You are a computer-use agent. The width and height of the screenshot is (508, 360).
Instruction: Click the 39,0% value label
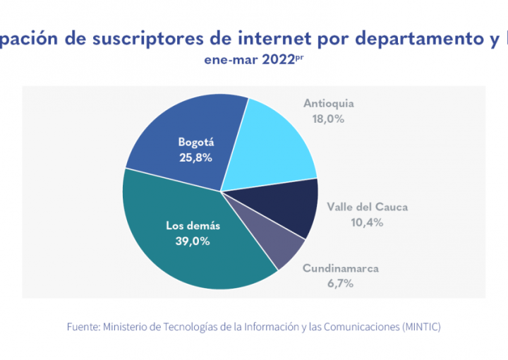click(x=193, y=241)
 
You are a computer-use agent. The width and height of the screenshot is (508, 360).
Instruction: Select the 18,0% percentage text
click(x=328, y=119)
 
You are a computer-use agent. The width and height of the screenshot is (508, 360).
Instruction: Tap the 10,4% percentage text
click(x=366, y=222)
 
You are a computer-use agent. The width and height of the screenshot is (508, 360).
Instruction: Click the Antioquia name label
click(x=329, y=104)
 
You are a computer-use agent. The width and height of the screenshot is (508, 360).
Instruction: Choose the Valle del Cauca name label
click(x=367, y=208)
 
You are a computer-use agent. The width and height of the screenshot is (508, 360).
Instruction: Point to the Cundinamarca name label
click(x=340, y=269)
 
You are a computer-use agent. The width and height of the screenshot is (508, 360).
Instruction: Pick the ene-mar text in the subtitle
click(x=224, y=61)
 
